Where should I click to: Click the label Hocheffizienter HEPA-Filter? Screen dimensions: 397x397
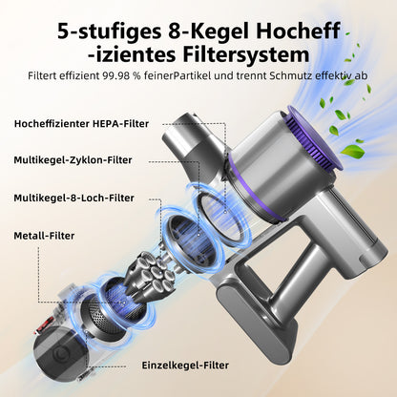81,124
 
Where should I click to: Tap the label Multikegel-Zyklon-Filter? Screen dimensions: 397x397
73,160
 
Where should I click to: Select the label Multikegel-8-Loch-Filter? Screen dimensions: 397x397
73,198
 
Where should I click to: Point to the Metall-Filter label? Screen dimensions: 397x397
44,236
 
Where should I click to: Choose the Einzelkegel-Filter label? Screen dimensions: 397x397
185,366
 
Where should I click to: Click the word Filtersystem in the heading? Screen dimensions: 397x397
246,54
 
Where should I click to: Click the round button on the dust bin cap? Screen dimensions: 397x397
60,354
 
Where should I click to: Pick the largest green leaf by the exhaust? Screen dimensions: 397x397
353,151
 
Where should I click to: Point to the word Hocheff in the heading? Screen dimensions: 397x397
298,31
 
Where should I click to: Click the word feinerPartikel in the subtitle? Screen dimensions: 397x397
173,76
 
